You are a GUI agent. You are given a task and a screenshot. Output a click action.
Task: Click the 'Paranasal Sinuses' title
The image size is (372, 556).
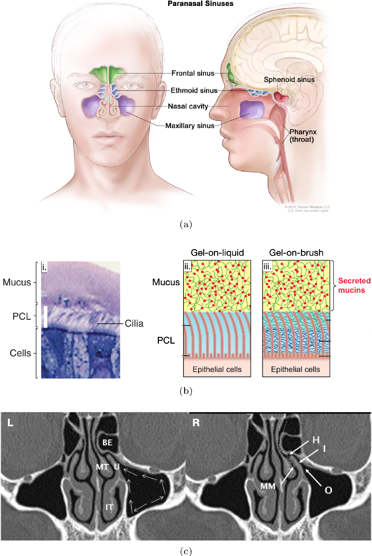200,4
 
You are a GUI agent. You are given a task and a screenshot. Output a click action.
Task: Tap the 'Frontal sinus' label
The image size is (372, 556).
193,73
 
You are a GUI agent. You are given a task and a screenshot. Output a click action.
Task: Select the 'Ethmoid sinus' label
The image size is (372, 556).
194,91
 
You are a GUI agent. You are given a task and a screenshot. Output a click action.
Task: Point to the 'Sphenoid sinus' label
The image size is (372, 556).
289,80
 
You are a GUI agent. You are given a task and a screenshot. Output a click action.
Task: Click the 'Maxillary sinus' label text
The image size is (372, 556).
190,126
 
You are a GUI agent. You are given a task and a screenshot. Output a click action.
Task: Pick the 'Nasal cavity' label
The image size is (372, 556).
188,106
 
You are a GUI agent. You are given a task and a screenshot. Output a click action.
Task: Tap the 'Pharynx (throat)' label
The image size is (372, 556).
303,136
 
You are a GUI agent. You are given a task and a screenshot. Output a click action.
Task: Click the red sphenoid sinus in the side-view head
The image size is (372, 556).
281,96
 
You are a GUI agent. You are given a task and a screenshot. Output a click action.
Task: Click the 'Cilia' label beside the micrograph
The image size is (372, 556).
134,323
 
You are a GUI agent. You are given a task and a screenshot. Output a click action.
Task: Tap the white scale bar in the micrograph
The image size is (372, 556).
45,317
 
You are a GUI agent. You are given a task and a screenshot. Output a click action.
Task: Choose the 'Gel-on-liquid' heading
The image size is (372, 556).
217,253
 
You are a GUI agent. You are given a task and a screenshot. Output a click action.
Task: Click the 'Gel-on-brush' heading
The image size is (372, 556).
296,253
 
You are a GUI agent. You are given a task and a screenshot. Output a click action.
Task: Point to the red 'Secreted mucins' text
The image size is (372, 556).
354,285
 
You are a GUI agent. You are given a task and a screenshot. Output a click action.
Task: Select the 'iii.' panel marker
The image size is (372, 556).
267,267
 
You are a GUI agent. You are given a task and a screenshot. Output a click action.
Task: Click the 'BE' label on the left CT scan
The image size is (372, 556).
107,443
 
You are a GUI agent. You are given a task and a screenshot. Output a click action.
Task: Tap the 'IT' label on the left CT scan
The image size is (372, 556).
109,507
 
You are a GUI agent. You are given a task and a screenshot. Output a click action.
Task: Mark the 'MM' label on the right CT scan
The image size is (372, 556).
268,486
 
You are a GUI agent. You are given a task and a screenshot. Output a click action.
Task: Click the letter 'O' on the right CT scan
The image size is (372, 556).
328,490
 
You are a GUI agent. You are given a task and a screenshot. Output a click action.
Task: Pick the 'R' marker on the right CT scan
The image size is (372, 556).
196,423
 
